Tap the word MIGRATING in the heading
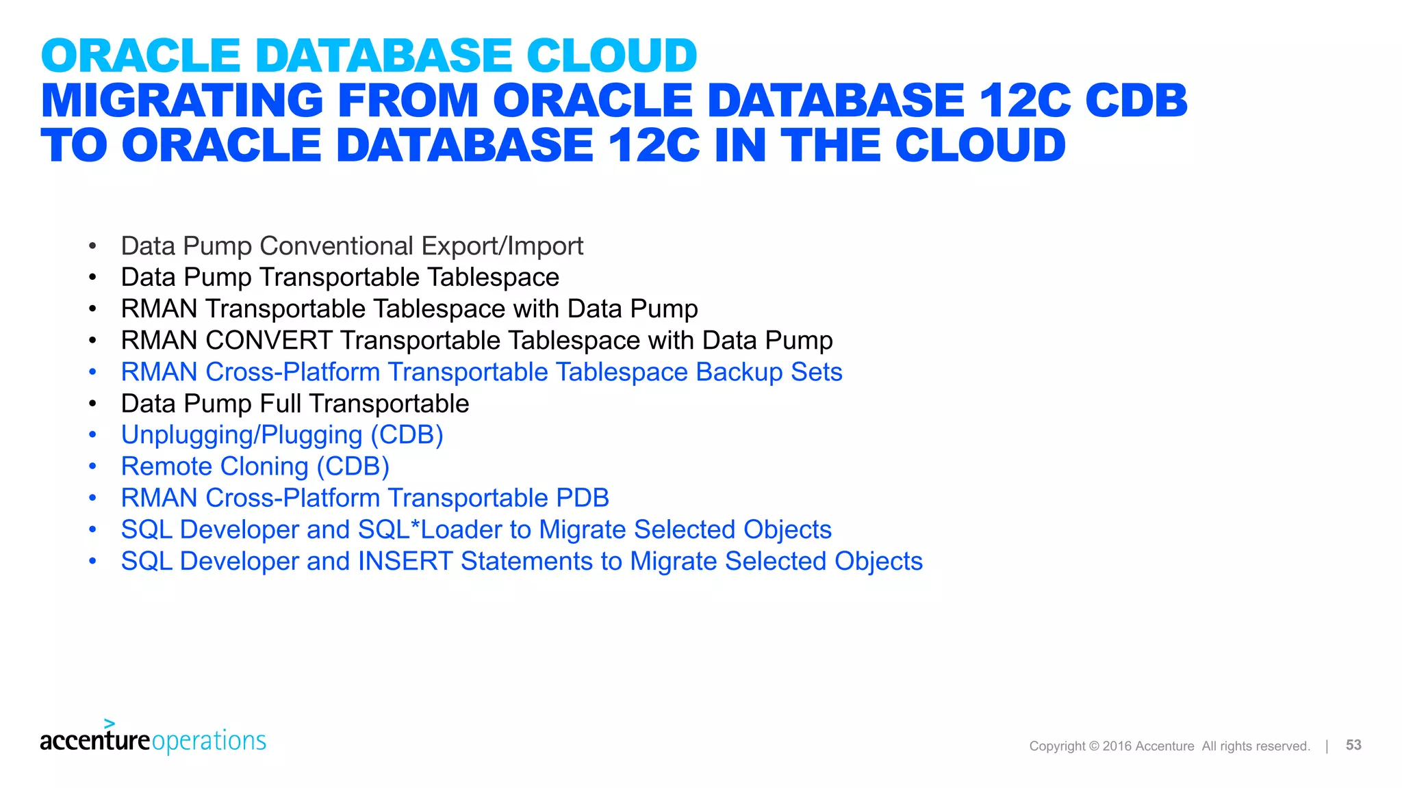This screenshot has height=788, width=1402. [182, 101]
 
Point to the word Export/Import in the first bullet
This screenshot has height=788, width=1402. [502, 246]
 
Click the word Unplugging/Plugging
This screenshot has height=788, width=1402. [242, 436]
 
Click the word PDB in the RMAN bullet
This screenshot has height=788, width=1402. [583, 498]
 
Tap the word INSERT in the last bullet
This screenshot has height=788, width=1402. [405, 561]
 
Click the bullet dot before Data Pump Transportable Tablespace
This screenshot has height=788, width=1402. [92, 278]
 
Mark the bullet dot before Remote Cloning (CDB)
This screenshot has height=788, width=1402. [92, 467]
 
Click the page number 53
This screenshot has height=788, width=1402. [1353, 745]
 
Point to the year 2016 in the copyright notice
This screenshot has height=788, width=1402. [1117, 746]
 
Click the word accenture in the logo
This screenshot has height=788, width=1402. [94, 741]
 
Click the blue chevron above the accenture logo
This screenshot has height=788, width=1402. [110, 723]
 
